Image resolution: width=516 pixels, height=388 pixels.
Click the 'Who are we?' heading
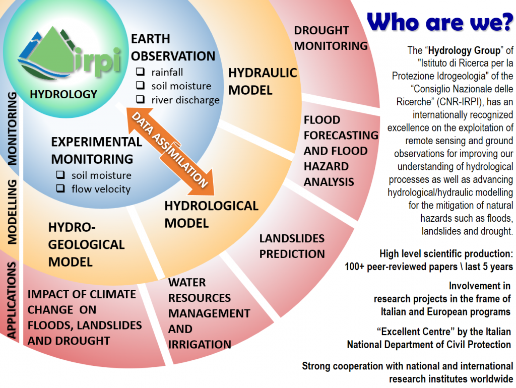pyautogui.click(x=440, y=22)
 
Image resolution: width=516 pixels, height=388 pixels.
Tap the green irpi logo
pyautogui.click(x=70, y=52)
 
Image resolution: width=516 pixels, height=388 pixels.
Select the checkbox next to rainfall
pyautogui.click(x=141, y=72)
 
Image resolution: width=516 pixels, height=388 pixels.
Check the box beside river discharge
pyautogui.click(x=141, y=99)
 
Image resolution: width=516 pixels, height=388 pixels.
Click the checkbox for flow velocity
pyautogui.click(x=60, y=188)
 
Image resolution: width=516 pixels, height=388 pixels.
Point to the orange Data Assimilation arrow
pyautogui.click(x=170, y=151)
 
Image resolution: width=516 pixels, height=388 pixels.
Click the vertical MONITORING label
pyautogui.click(x=12, y=128)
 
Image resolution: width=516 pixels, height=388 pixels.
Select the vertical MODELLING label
pyautogui.click(x=12, y=212)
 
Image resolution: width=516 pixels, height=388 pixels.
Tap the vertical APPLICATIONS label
pyautogui.click(x=12, y=300)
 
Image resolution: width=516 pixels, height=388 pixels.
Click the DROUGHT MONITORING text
pyautogui.click(x=331, y=38)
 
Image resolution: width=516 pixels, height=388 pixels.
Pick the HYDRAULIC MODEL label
pyautogui.click(x=263, y=81)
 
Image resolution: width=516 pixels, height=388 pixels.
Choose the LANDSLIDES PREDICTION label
pyautogui.click(x=292, y=246)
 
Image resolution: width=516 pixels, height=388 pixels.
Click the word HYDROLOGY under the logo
pyautogui.click(x=63, y=94)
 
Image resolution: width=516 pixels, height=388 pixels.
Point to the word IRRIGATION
pyautogui.click(x=200, y=345)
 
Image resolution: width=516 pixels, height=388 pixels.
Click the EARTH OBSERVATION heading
pyautogui.click(x=173, y=47)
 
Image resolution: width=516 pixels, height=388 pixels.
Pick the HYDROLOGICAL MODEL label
pyautogui.click(x=211, y=215)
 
